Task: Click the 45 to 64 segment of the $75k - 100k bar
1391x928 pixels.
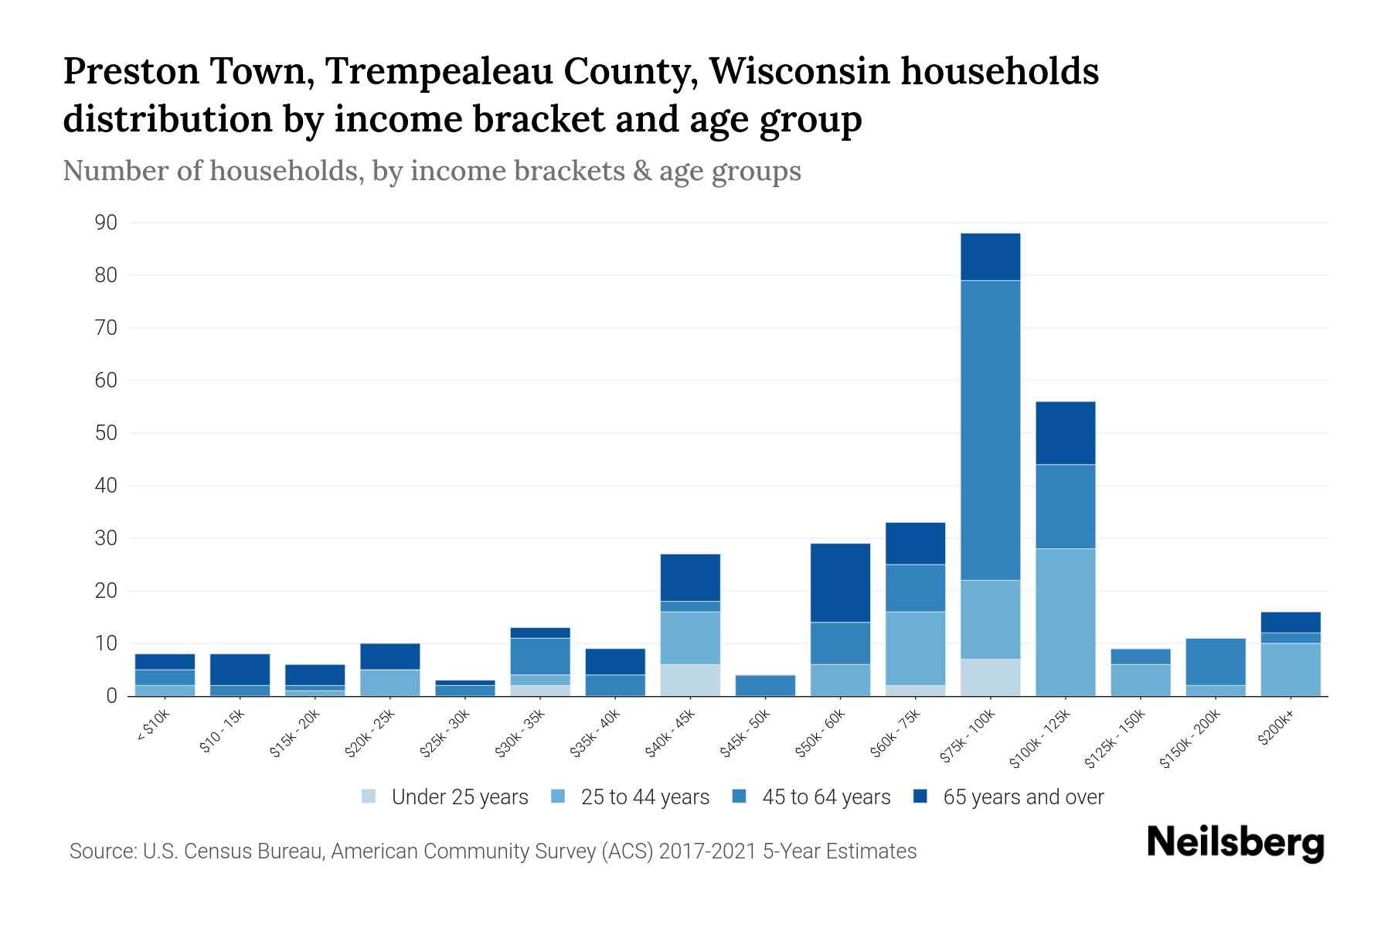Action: [x=990, y=430]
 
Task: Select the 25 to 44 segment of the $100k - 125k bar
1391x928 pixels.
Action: [x=1065, y=622]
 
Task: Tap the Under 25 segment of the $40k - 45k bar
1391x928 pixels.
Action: [x=690, y=680]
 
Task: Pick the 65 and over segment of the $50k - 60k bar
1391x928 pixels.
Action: [x=840, y=582]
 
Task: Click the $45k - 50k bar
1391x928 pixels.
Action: [x=765, y=685]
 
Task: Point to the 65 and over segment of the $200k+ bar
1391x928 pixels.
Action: [x=1290, y=623]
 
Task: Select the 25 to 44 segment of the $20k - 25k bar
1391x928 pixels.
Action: [x=389, y=682]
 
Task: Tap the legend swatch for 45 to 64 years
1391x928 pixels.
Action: [x=740, y=797]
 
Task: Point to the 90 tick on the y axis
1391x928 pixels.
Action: [x=106, y=223]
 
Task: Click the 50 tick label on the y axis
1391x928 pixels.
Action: [x=106, y=433]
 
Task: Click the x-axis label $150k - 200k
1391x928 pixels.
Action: [x=1189, y=740]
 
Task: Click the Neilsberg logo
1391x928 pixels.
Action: [x=1235, y=842]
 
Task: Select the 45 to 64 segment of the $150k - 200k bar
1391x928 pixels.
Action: [x=1215, y=662]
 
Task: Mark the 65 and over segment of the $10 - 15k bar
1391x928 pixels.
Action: [x=240, y=670]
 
